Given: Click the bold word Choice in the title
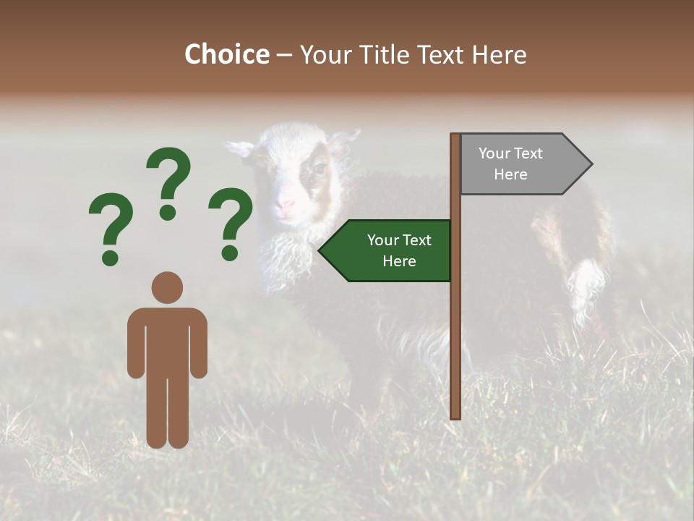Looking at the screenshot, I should point(226,54).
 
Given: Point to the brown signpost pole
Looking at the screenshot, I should point(455,326).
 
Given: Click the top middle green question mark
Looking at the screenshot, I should point(168,181).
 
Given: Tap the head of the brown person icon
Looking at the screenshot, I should point(167,287).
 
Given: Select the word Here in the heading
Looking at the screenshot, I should point(499,54).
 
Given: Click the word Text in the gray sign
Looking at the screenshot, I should point(529,153).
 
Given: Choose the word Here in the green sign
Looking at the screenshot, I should point(399,261).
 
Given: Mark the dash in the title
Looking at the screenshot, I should point(284,55).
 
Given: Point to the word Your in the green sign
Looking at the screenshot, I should point(383,240).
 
